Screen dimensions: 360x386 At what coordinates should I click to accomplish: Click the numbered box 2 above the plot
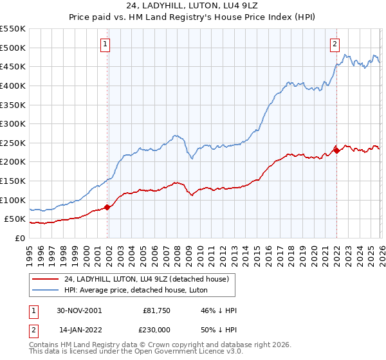335,44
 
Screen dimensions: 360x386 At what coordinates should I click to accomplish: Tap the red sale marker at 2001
107,206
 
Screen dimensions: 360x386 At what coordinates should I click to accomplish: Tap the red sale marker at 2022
336,151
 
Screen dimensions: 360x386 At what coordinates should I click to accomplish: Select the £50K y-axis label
15,219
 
